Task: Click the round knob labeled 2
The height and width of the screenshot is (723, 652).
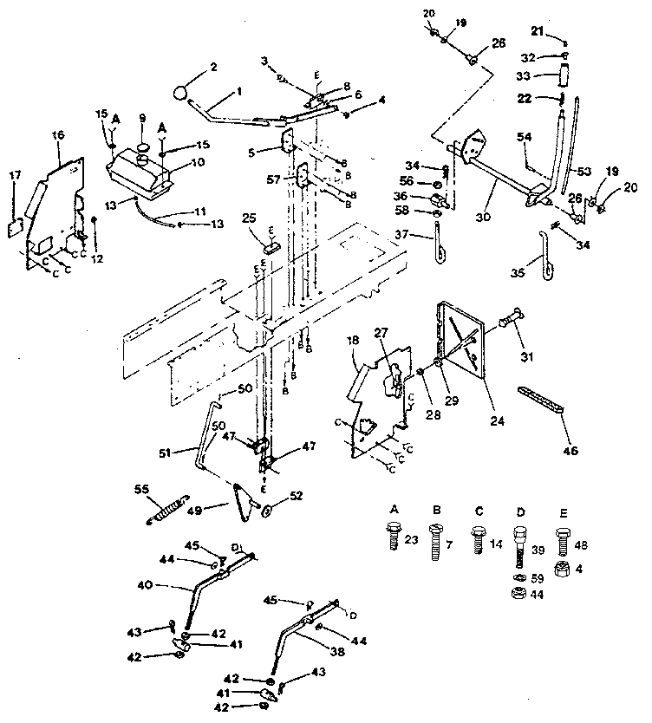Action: point(181,93)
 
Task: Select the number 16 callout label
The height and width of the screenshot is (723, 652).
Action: point(58,135)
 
